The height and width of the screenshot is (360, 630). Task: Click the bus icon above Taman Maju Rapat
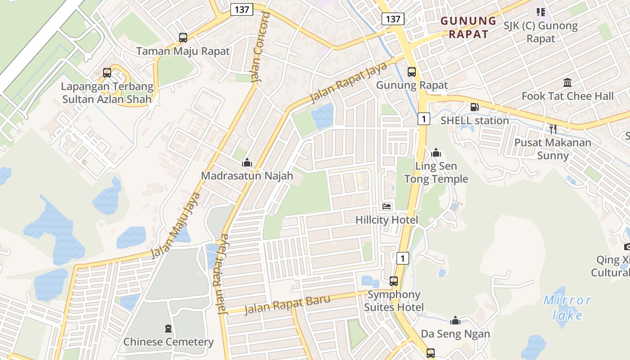(x=183, y=38)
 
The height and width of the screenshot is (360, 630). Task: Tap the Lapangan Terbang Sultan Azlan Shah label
(x=108, y=93)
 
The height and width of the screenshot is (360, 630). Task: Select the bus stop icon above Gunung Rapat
(x=412, y=72)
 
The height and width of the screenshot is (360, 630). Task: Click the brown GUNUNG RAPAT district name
(x=468, y=27)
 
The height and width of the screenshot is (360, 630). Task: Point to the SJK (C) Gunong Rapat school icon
(x=540, y=12)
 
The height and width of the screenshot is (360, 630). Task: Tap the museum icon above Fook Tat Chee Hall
(x=567, y=83)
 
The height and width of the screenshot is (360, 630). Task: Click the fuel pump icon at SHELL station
(x=474, y=107)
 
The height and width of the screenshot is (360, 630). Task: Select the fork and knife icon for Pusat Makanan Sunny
(x=553, y=129)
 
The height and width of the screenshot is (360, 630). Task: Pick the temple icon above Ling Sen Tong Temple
(x=436, y=153)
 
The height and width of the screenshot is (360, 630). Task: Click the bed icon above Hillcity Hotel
(x=387, y=207)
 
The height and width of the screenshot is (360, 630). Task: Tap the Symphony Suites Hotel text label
(x=394, y=301)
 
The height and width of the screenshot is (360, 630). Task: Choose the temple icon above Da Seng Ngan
(x=455, y=320)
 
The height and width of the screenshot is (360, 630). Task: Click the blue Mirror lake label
(x=567, y=307)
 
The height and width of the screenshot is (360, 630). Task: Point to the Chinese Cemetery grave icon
(x=168, y=328)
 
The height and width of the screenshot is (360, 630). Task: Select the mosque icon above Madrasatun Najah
(x=247, y=162)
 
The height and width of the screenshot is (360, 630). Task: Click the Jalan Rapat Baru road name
(x=287, y=305)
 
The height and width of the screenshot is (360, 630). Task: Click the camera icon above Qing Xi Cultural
(x=627, y=247)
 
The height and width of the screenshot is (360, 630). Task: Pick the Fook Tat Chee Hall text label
(x=567, y=96)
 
